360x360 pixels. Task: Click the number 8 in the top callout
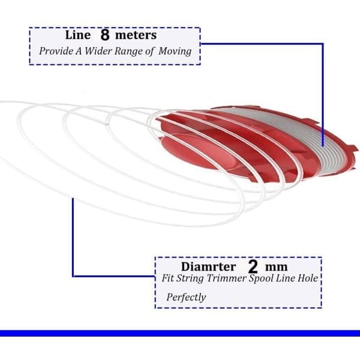pyautogui.click(x=105, y=35)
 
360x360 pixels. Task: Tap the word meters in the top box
pyautogui.click(x=136, y=35)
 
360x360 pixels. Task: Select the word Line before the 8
pyautogui.click(x=78, y=35)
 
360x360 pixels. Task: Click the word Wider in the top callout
pyautogui.click(x=98, y=51)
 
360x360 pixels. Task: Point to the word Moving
pyautogui.click(x=175, y=52)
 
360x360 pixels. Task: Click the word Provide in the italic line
pyautogui.click(x=56, y=51)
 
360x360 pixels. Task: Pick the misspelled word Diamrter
pyautogui.click(x=208, y=267)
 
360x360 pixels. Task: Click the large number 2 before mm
pyautogui.click(x=253, y=266)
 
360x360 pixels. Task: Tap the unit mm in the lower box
pyautogui.click(x=276, y=268)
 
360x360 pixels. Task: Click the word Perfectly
pyautogui.click(x=186, y=298)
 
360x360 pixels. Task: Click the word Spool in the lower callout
pyautogui.click(x=261, y=279)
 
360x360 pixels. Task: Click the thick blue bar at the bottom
pyautogui.click(x=180, y=333)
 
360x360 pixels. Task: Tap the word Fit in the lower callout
pyautogui.click(x=167, y=278)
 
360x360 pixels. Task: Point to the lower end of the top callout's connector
pyautogui.click(x=323, y=146)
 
